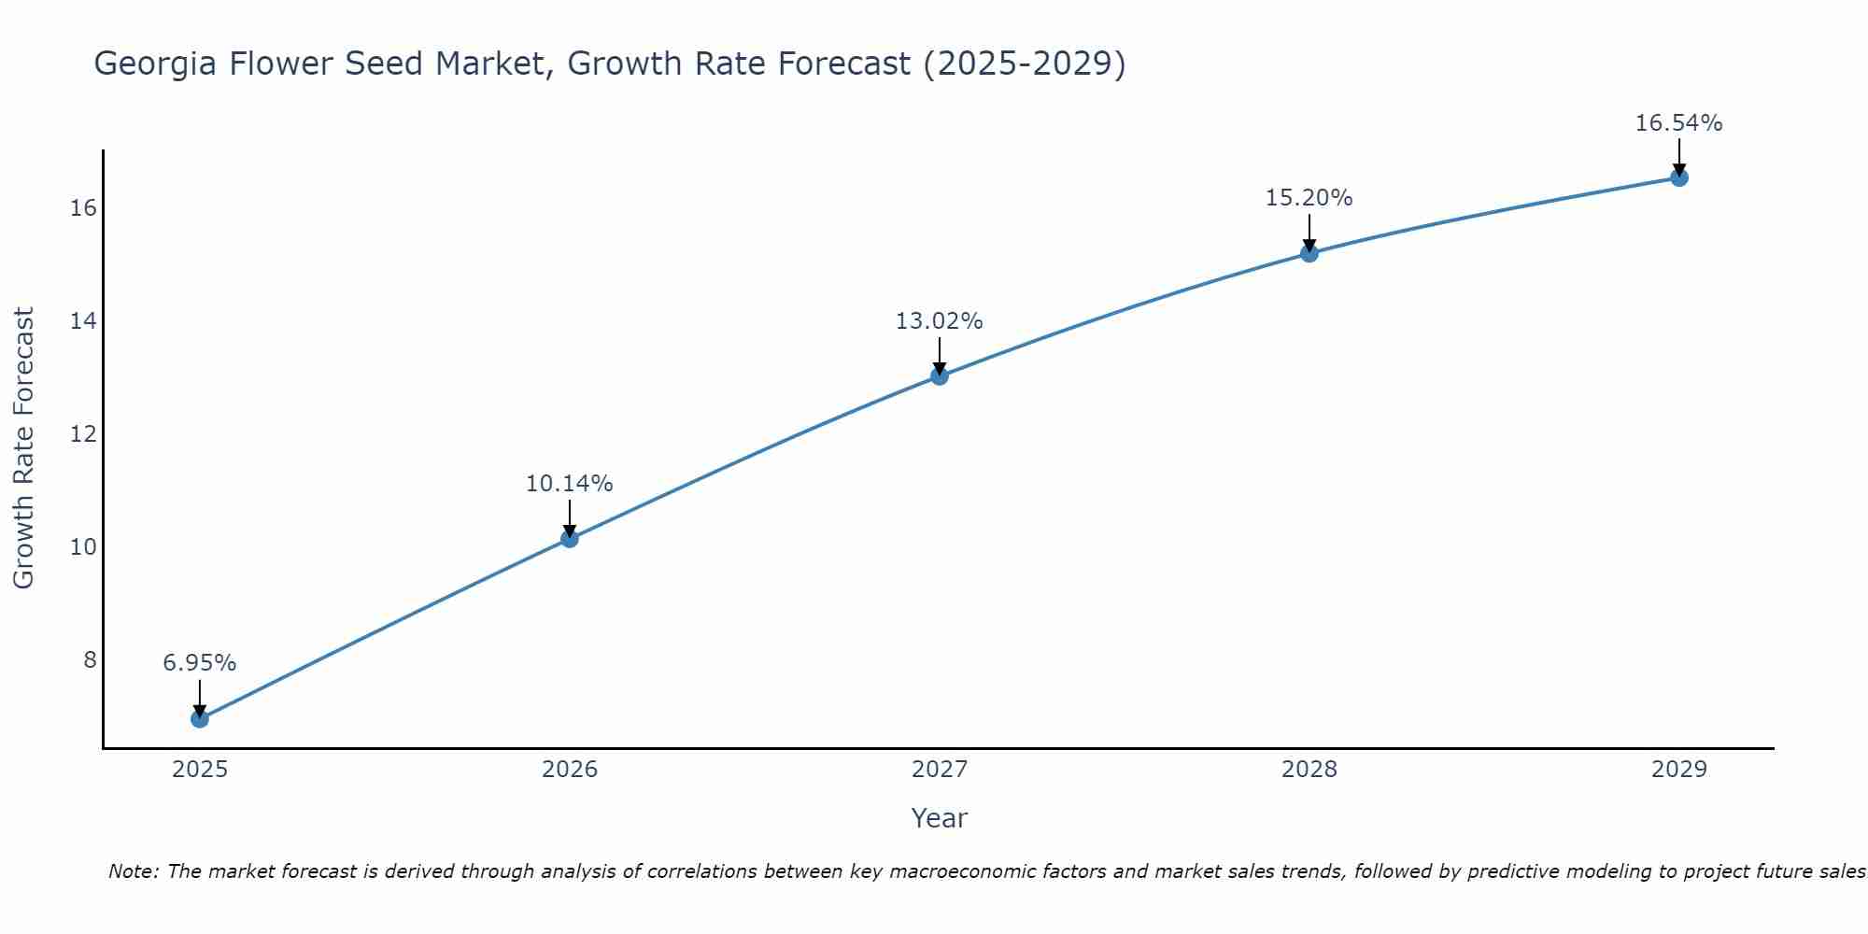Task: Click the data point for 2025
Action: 199,718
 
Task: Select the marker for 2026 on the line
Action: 569,538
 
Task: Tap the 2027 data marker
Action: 939,375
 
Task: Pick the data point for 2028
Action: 1309,253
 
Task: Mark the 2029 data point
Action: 1678,177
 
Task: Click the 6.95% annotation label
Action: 199,663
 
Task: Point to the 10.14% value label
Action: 569,484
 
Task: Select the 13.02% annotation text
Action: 939,321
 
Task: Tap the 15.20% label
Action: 1309,198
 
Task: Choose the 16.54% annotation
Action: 1678,123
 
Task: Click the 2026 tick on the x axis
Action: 570,770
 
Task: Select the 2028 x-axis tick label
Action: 1309,770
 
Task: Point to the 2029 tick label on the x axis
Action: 1678,770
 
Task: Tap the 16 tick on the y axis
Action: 83,208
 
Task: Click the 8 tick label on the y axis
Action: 90,660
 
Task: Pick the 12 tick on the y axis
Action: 83,434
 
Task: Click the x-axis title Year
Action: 939,818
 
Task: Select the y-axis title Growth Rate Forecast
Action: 23,448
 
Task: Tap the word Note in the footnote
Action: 134,871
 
